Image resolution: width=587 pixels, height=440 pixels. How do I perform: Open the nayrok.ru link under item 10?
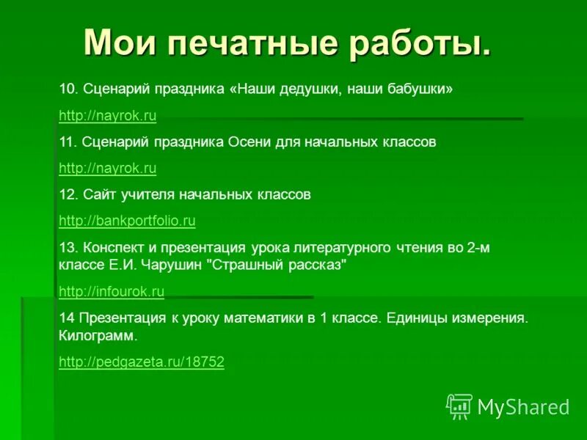pos(107,115)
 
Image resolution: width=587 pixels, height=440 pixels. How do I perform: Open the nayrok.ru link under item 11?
pos(107,168)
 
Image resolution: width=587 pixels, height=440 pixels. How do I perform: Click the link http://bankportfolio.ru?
pos(127,220)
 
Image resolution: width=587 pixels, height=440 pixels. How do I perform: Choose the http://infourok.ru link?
pos(111,291)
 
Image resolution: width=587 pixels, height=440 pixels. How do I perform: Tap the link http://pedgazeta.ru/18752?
pos(141,361)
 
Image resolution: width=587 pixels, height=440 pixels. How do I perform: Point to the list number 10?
pos(68,89)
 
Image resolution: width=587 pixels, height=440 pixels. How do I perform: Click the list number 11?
pos(67,142)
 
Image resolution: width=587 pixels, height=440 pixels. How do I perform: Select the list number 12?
pos(68,194)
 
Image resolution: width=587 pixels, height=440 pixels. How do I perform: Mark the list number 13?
pos(68,247)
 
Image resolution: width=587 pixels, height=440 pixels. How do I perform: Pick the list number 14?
pos(65,318)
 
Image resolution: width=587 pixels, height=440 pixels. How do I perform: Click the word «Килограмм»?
pos(97,336)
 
